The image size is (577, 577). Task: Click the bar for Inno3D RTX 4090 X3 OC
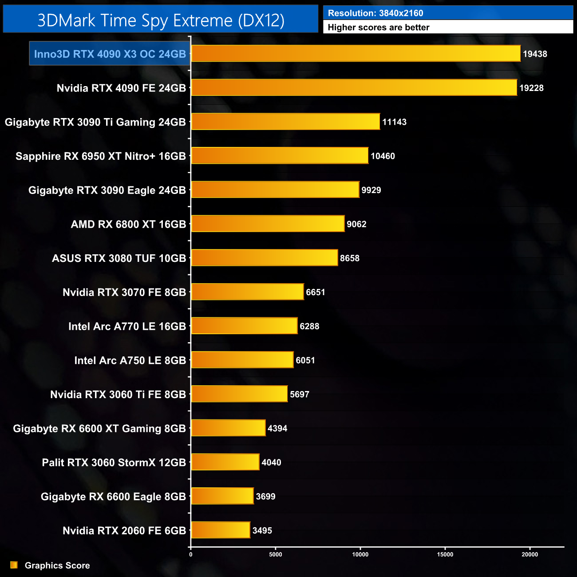click(x=356, y=54)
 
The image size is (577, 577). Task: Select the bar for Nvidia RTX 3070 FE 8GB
click(x=247, y=292)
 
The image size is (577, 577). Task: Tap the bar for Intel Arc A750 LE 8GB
click(x=242, y=360)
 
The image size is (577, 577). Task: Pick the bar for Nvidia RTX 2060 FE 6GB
click(x=221, y=530)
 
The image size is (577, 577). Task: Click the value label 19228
click(x=531, y=88)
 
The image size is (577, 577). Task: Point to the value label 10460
click(x=383, y=156)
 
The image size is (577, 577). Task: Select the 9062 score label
click(x=356, y=224)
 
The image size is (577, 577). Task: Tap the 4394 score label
click(x=277, y=428)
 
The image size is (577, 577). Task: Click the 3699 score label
click(x=265, y=497)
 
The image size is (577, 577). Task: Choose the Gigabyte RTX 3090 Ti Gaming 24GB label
click(x=95, y=122)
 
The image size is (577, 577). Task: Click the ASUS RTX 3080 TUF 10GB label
click(x=119, y=258)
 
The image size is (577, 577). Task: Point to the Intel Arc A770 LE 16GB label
click(x=127, y=326)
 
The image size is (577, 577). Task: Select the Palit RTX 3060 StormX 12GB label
click(x=114, y=462)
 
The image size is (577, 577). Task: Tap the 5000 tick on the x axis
click(x=276, y=554)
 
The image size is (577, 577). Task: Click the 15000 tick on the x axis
click(x=445, y=554)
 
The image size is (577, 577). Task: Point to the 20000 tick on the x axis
click(x=530, y=554)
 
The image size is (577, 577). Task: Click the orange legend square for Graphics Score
click(x=14, y=565)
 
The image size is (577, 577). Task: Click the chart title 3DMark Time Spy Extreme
click(x=161, y=20)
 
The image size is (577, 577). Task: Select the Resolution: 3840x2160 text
click(x=375, y=13)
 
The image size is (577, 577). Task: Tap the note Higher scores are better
click(x=379, y=28)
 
